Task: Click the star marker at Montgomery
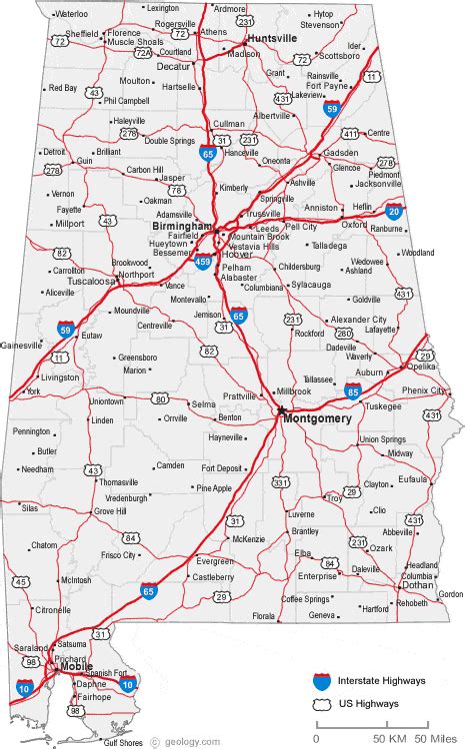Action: click(x=281, y=409)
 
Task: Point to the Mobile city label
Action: click(x=77, y=666)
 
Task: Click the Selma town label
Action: click(x=204, y=403)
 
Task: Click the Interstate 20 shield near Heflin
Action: click(x=394, y=210)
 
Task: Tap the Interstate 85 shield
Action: click(x=353, y=389)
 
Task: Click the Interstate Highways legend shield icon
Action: click(x=321, y=681)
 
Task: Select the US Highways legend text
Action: click(x=367, y=704)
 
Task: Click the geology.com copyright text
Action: click(x=176, y=742)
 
